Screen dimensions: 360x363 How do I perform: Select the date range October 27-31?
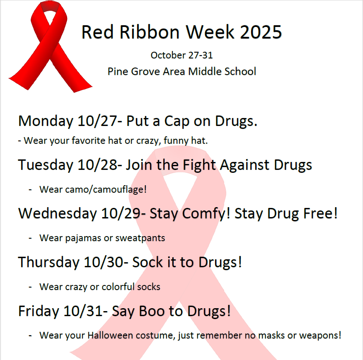181,55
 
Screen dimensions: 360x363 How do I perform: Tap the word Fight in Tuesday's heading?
197,165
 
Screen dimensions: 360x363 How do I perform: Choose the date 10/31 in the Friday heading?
86,311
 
